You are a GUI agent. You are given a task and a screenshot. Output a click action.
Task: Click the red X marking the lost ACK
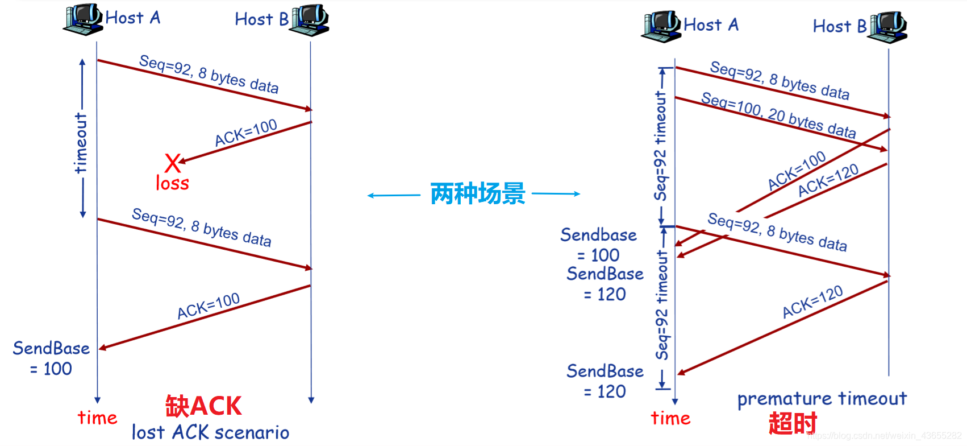pyautogui.click(x=173, y=163)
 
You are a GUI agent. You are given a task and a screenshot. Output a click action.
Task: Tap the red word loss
pyautogui.click(x=172, y=183)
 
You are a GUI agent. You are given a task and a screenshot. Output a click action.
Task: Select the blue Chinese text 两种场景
pyautogui.click(x=477, y=194)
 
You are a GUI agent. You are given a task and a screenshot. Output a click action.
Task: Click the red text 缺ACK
pyautogui.click(x=203, y=406)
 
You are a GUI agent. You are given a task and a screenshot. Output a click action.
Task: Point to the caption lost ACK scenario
pyautogui.click(x=210, y=432)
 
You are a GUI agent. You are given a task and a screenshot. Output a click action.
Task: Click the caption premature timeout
pyautogui.click(x=822, y=399)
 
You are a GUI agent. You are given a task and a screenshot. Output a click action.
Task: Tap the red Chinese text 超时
pyautogui.click(x=792, y=424)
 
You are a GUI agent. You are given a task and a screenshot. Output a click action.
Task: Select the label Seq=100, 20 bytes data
pyautogui.click(x=778, y=115)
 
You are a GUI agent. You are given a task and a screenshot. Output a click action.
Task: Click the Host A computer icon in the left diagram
pyautogui.click(x=83, y=19)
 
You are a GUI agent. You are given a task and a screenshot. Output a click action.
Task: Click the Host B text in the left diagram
pyautogui.click(x=261, y=19)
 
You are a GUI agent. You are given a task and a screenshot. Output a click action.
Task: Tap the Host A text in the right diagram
pyautogui.click(x=711, y=25)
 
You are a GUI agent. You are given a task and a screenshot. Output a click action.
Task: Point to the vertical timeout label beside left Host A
pyautogui.click(x=81, y=143)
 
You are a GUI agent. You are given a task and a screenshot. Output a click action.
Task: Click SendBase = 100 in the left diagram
pyautogui.click(x=51, y=358)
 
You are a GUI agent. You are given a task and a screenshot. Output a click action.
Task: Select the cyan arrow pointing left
pyautogui.click(x=394, y=196)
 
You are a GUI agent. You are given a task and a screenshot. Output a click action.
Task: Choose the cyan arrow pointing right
pyautogui.click(x=556, y=194)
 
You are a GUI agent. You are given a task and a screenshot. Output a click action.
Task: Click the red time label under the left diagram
pyautogui.click(x=97, y=418)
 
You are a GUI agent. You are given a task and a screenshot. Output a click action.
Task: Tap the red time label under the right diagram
pyautogui.click(x=670, y=419)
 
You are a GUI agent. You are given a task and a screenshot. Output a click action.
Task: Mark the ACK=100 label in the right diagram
pyautogui.click(x=797, y=170)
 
